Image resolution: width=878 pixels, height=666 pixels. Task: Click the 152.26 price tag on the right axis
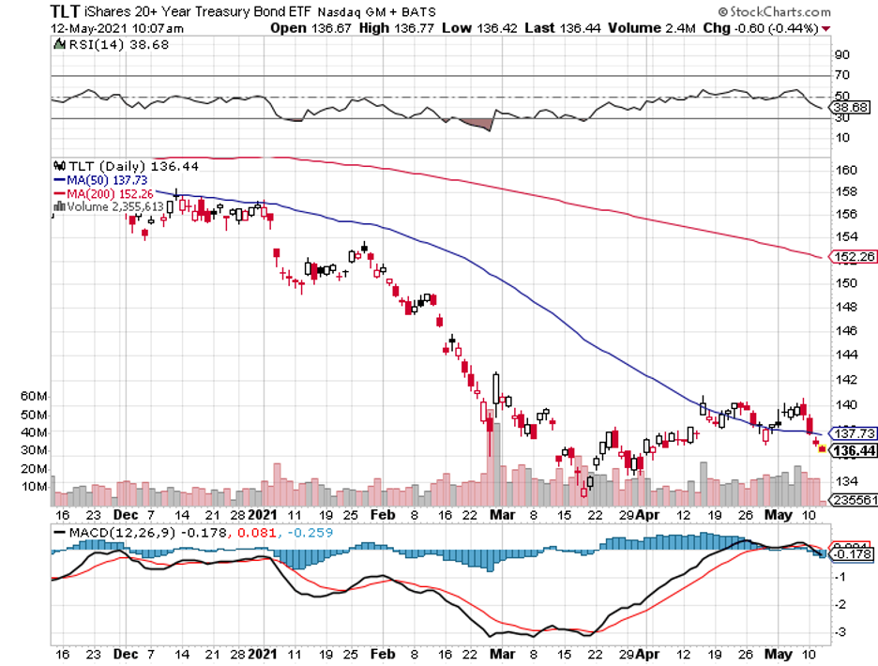[854, 256]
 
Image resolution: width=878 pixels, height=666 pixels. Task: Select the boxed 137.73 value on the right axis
[854, 434]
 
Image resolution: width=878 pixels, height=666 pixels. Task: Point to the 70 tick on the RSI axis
[841, 75]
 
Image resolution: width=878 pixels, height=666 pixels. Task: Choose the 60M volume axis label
[33, 397]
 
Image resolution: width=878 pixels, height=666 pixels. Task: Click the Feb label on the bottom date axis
[383, 515]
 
